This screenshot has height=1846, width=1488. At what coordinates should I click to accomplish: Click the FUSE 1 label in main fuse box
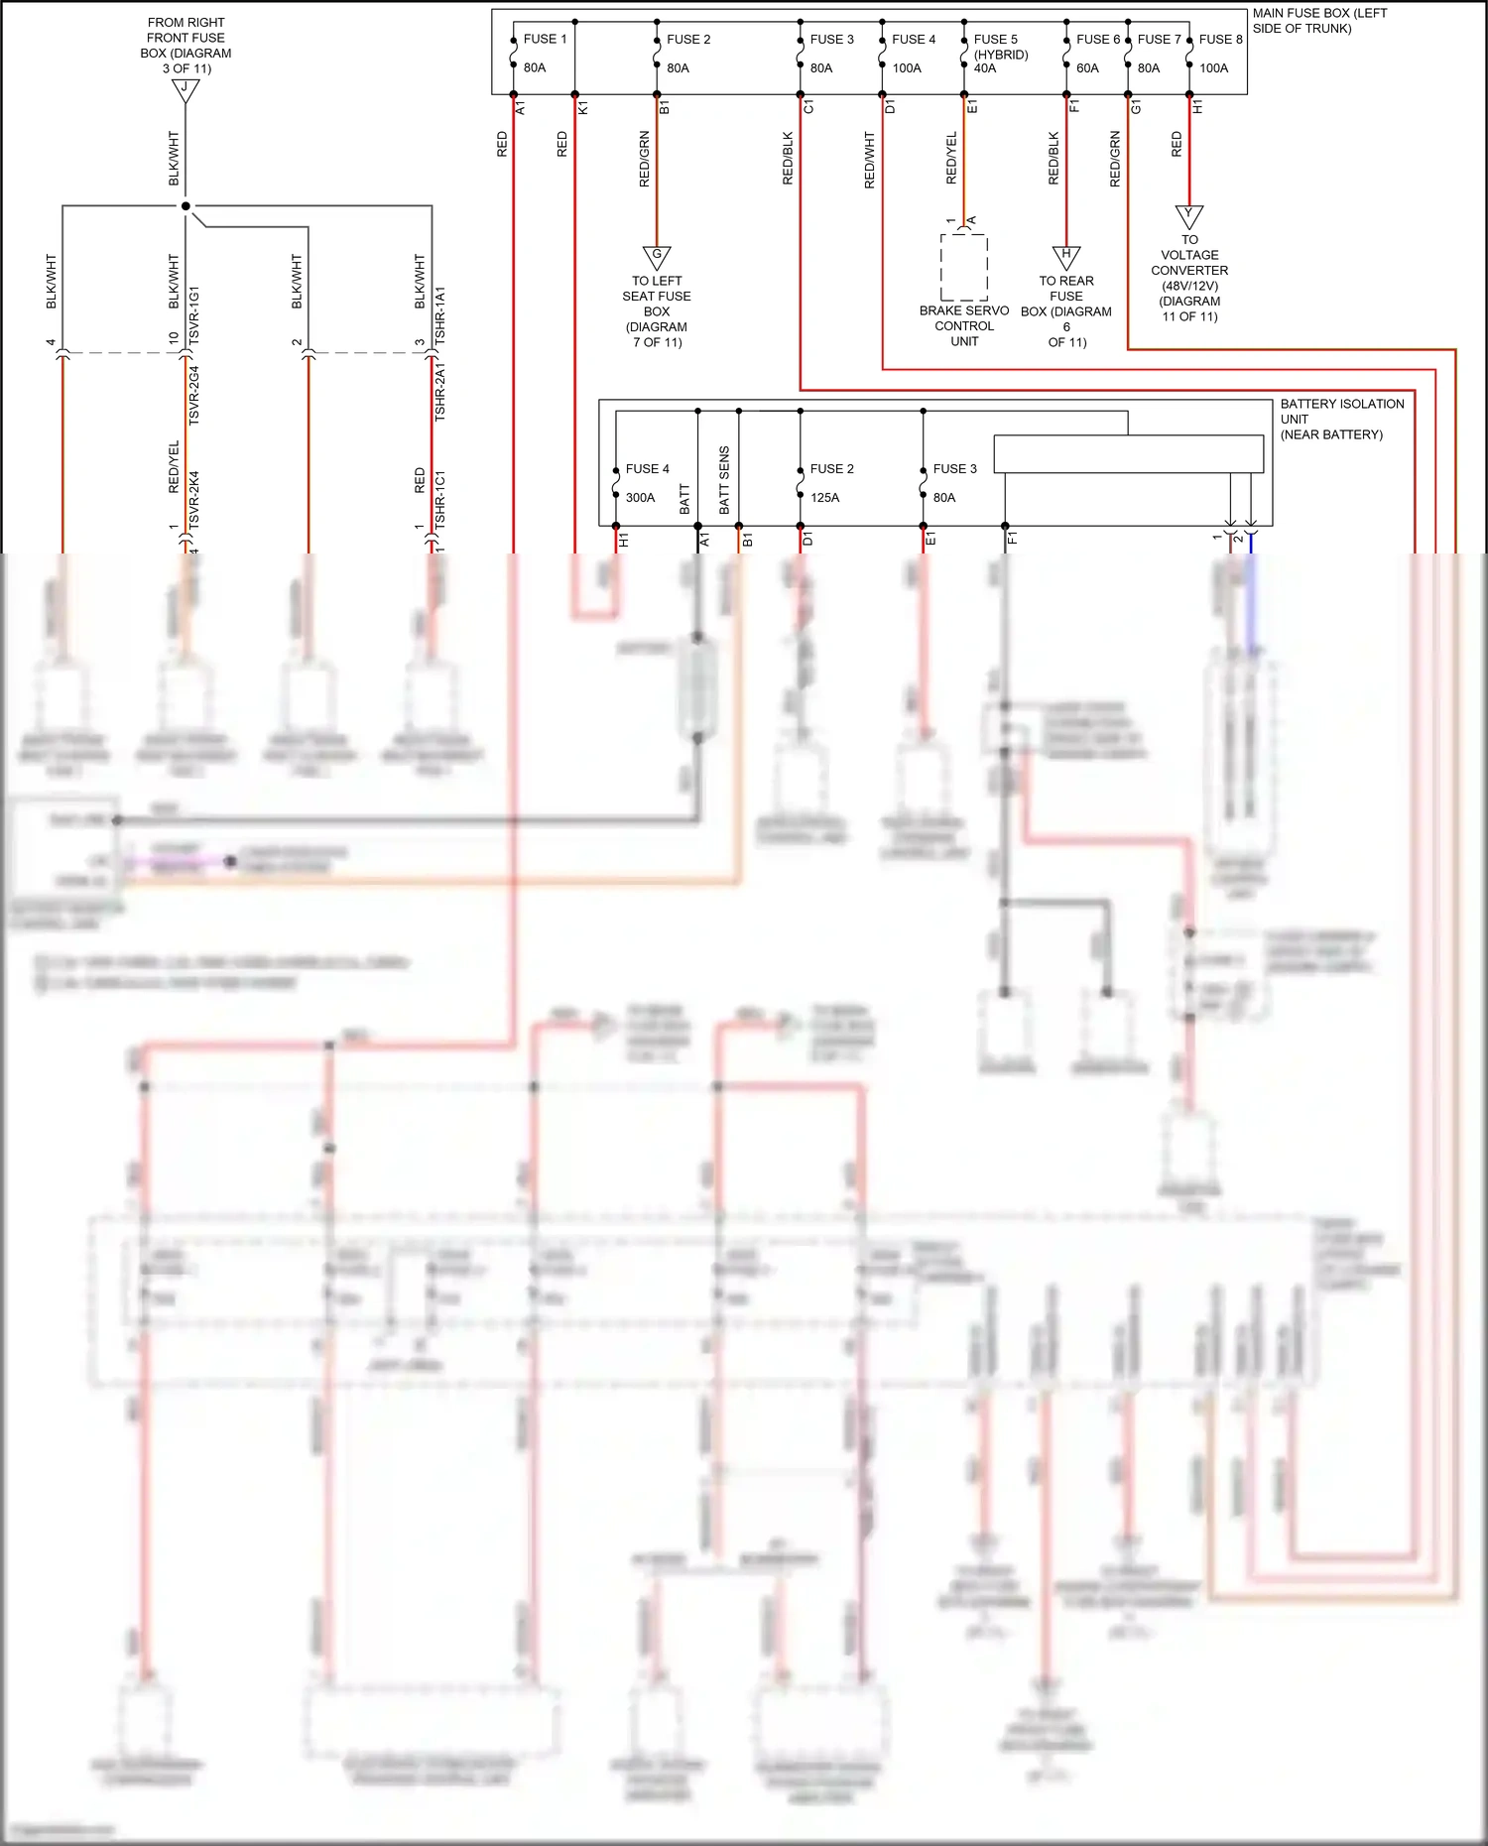tap(545, 40)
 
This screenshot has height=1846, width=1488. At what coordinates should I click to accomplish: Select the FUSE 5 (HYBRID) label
tap(1000, 47)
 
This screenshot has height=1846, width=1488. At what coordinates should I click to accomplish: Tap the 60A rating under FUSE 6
tap(1087, 68)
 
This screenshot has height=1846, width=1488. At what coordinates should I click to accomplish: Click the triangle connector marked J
tap(186, 89)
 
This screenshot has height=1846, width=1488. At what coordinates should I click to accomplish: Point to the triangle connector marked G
tap(657, 257)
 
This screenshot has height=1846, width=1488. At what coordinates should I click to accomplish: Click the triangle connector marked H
tap(1066, 256)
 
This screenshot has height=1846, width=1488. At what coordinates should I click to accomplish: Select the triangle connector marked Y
tap(1189, 215)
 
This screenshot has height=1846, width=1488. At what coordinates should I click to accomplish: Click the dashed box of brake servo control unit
tap(963, 268)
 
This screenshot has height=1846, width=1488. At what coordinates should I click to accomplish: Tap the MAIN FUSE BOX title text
tap(1318, 21)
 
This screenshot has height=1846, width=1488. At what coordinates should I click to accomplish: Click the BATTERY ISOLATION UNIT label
tap(1340, 419)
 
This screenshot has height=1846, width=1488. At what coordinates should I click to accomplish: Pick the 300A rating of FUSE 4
tap(640, 498)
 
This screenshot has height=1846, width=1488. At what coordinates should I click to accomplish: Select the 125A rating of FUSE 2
tap(824, 498)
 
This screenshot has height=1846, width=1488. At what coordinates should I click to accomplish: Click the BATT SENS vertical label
tap(724, 480)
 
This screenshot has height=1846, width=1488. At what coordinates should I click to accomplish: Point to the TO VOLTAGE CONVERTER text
tap(1189, 278)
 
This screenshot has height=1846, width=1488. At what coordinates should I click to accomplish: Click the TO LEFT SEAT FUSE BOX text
tap(657, 311)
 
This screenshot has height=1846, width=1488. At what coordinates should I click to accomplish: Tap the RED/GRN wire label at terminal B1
tap(645, 159)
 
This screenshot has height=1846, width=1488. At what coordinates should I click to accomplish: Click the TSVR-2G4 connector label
tap(194, 396)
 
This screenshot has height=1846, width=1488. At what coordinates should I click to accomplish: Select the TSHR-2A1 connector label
tap(440, 391)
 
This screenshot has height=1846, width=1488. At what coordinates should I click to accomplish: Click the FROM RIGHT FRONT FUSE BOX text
tap(186, 45)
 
